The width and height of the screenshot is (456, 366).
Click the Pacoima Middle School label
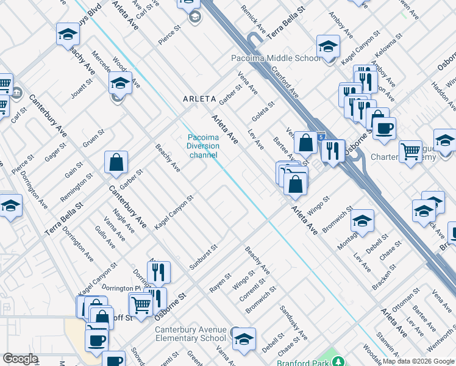(276, 58)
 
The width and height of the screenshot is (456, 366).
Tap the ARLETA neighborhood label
(199, 98)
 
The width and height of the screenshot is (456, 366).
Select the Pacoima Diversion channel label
(203, 146)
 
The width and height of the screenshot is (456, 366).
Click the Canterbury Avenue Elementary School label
(190, 334)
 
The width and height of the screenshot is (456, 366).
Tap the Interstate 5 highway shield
(321, 138)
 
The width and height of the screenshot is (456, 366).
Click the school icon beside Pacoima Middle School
(328, 47)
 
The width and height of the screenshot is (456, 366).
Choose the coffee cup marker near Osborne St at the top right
(384, 129)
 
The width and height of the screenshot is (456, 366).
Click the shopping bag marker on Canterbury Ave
(116, 163)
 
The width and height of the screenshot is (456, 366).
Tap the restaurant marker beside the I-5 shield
(333, 151)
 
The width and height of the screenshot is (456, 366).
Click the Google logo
(20, 359)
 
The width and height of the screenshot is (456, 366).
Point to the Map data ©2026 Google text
(418, 361)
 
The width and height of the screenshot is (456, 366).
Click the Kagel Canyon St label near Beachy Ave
(174, 212)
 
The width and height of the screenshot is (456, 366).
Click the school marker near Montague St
(362, 221)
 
